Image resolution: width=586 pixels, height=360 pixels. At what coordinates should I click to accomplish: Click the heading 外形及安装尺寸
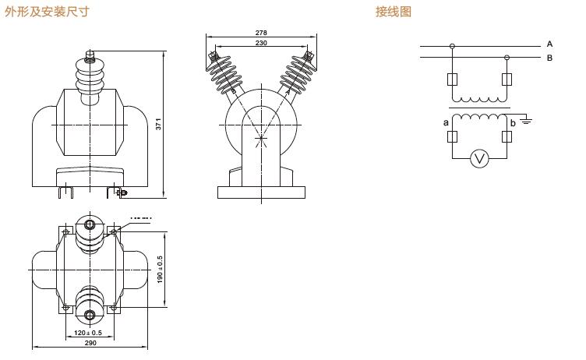(x=47, y=12)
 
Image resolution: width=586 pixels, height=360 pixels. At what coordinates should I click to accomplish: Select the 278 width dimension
(x=261, y=33)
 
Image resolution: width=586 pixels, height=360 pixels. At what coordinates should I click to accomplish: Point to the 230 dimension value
(x=261, y=44)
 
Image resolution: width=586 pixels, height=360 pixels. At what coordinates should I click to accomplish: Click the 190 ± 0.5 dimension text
(x=161, y=269)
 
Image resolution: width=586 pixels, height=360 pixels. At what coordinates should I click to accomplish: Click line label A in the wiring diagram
(x=549, y=44)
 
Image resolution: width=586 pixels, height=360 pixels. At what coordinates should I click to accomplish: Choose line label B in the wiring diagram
(x=549, y=57)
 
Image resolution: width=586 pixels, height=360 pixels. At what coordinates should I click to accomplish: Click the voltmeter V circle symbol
(x=480, y=159)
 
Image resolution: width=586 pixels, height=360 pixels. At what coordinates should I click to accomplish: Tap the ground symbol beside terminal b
(x=527, y=121)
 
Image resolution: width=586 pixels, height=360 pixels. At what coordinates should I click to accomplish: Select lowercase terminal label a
(x=446, y=122)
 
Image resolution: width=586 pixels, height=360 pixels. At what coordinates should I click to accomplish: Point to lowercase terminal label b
(x=513, y=123)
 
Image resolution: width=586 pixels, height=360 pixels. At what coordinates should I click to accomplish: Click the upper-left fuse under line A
(x=452, y=79)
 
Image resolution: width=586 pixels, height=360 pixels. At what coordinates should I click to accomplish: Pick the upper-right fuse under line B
(x=507, y=79)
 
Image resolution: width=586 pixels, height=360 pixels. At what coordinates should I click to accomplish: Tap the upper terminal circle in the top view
(x=90, y=227)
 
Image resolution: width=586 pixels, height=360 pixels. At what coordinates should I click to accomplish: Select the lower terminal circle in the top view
(x=90, y=316)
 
